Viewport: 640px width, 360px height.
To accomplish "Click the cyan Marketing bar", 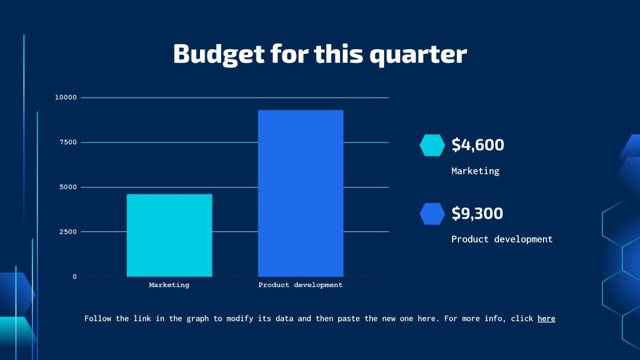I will (169, 235).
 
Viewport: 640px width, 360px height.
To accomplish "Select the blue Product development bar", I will (301, 193).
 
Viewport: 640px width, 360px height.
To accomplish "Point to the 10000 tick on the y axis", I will (66, 98).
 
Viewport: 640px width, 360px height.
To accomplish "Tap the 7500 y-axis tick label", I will (68, 142).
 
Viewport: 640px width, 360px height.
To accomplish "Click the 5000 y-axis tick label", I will (68, 187).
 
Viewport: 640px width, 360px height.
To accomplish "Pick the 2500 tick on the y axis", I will (68, 232).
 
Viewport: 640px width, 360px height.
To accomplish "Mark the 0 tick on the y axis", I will (74, 277).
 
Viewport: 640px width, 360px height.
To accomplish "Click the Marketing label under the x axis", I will (169, 285).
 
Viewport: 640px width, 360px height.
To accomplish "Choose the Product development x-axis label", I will (301, 285).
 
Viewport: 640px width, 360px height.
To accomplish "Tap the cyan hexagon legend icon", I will (432, 145).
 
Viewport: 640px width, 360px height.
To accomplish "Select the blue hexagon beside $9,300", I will (432, 214).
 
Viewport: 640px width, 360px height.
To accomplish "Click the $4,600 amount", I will (478, 145).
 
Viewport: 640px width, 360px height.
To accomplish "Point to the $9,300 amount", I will (478, 214).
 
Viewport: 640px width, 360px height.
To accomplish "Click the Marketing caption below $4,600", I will (475, 171).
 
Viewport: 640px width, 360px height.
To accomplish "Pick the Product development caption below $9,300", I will (502, 239).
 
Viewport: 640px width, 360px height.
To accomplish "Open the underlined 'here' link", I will (546, 318).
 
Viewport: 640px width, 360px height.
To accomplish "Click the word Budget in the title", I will (219, 54).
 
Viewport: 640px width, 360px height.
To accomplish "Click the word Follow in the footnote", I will (98, 318).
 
